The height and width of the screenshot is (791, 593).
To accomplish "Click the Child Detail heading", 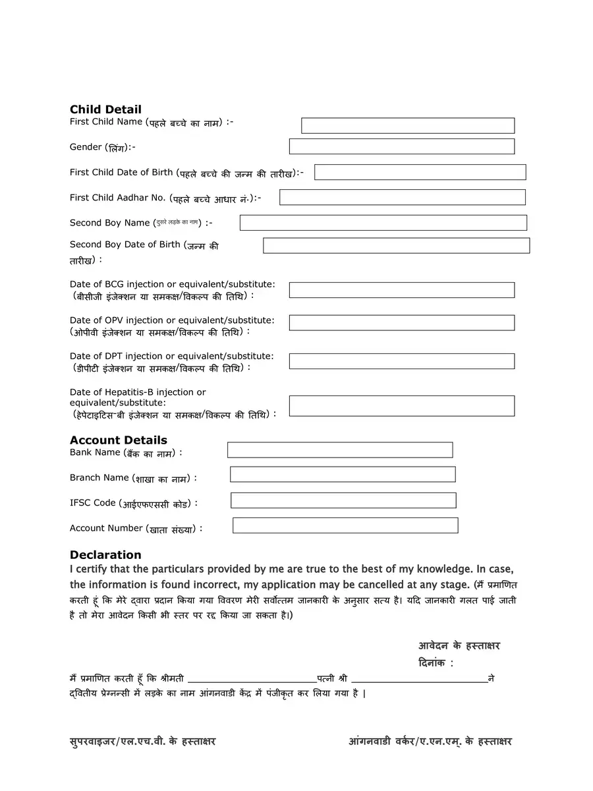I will tap(105, 109).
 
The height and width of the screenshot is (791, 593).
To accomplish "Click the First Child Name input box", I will tap(408, 126).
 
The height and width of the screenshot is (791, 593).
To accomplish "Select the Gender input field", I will tap(402, 146).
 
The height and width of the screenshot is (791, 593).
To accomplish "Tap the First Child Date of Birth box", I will tap(420, 172).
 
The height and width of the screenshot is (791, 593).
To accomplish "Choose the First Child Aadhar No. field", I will tap(403, 197).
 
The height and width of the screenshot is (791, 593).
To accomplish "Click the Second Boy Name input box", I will tap(383, 223).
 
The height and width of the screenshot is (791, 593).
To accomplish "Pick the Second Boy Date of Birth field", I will tap(397, 246).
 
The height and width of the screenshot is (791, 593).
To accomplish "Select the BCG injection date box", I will tap(402, 290).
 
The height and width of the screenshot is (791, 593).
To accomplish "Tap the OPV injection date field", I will tap(402, 323).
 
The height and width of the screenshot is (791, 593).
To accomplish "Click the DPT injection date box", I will tap(402, 361).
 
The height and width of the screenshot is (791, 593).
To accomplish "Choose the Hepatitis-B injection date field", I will tap(402, 406).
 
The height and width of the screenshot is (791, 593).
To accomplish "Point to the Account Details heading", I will tap(119, 440).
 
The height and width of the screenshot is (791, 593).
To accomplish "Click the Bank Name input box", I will tap(340, 450).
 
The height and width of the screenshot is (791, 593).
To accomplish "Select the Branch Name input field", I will tap(343, 475).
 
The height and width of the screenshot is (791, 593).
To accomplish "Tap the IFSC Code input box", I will tap(343, 500).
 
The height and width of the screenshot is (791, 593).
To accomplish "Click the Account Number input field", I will tap(345, 525).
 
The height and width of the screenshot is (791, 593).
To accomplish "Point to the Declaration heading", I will tap(105, 555).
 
